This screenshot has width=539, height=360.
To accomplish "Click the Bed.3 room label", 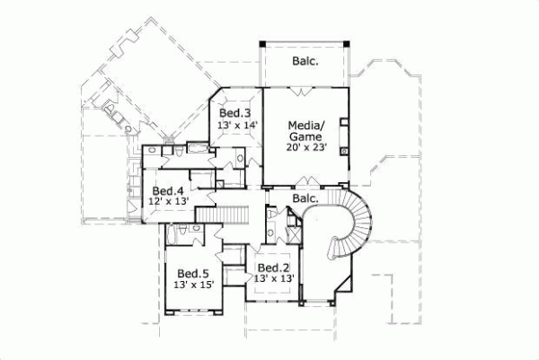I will click(235, 113).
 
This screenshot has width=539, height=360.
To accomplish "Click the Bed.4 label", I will click(168, 190).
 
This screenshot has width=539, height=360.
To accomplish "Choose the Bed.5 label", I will click(192, 273).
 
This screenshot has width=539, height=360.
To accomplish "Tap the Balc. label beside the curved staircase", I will click(306, 198).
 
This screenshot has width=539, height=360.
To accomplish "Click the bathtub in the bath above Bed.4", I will click(196, 147).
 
